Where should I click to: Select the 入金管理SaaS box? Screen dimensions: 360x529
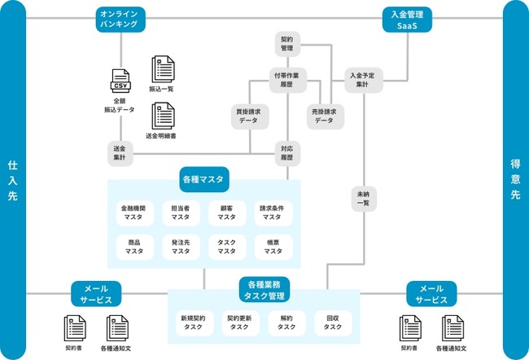click(407, 20)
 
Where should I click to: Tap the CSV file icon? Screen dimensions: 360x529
click(120, 82)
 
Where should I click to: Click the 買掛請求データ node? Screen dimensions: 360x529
click(249, 115)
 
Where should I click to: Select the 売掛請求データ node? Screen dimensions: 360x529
click(324, 115)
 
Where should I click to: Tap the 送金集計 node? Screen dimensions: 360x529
click(120, 152)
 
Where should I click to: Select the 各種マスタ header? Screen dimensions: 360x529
click(204, 178)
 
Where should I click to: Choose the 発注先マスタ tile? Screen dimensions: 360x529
click(181, 247)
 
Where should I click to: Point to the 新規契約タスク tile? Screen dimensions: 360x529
click(194, 323)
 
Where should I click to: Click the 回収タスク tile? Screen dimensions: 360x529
click(333, 323)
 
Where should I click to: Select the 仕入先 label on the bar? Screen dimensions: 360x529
click(13, 180)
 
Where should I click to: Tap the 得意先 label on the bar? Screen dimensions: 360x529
click(515, 180)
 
